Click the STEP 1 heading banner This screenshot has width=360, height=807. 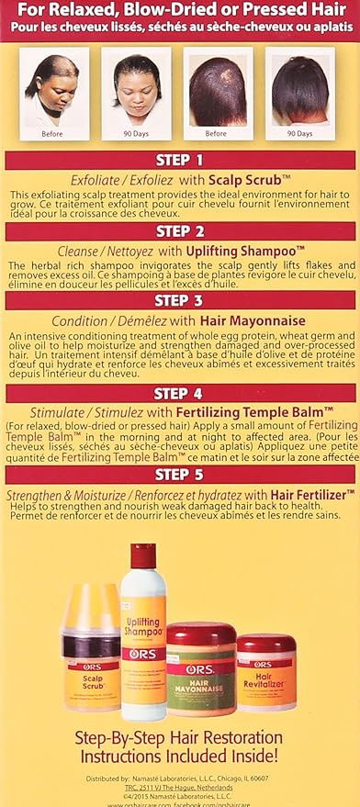(179, 161)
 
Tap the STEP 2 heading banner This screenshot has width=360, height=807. (179, 231)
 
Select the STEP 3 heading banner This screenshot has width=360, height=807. (179, 301)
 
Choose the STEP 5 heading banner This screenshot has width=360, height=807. (179, 475)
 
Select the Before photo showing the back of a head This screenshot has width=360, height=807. (219, 92)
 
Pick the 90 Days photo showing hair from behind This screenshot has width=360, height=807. (299, 92)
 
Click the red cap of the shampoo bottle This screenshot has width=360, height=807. (143, 555)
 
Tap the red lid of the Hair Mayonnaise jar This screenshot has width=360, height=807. (200, 634)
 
